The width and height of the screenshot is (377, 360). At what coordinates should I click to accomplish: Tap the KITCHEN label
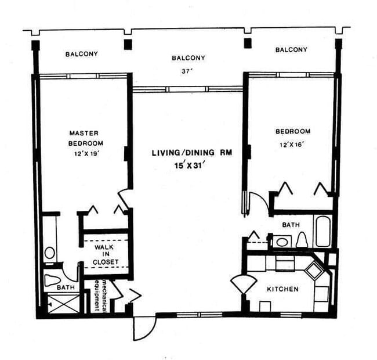[x=282, y=289]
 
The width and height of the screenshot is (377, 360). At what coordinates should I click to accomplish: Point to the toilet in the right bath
[x=301, y=239]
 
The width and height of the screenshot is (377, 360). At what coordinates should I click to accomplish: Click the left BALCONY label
[x=81, y=54]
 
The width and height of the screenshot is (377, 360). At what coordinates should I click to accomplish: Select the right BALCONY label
[x=291, y=50]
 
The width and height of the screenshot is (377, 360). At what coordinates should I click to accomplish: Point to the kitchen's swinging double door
[x=243, y=286]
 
